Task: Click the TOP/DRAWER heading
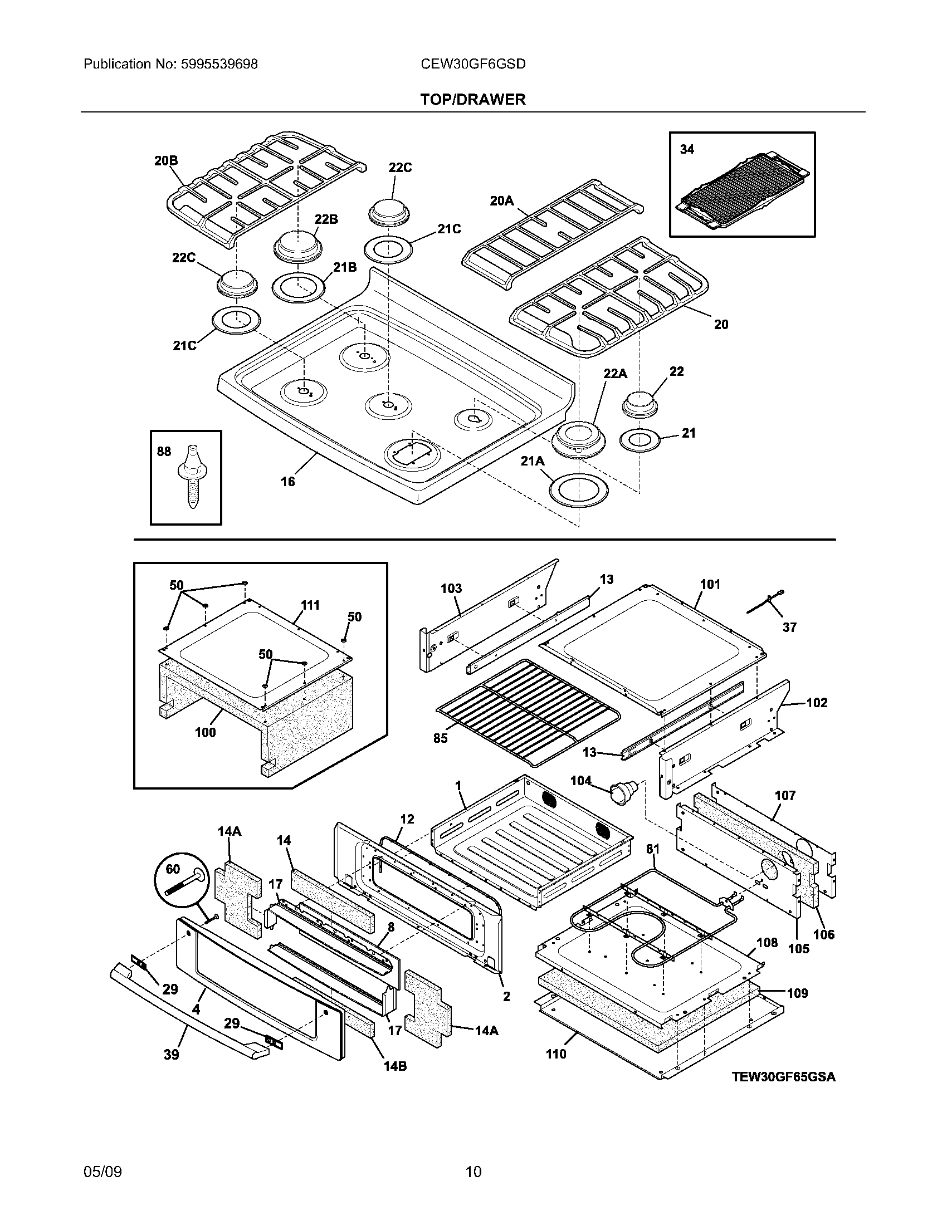(473, 99)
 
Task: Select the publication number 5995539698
(219, 64)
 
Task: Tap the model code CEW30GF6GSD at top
(473, 64)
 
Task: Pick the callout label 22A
(615, 374)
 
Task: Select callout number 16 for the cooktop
(287, 481)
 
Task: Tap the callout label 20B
(166, 161)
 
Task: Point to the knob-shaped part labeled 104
(622, 791)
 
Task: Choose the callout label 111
(310, 605)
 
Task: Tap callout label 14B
(395, 1066)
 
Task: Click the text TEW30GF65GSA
(783, 1077)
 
